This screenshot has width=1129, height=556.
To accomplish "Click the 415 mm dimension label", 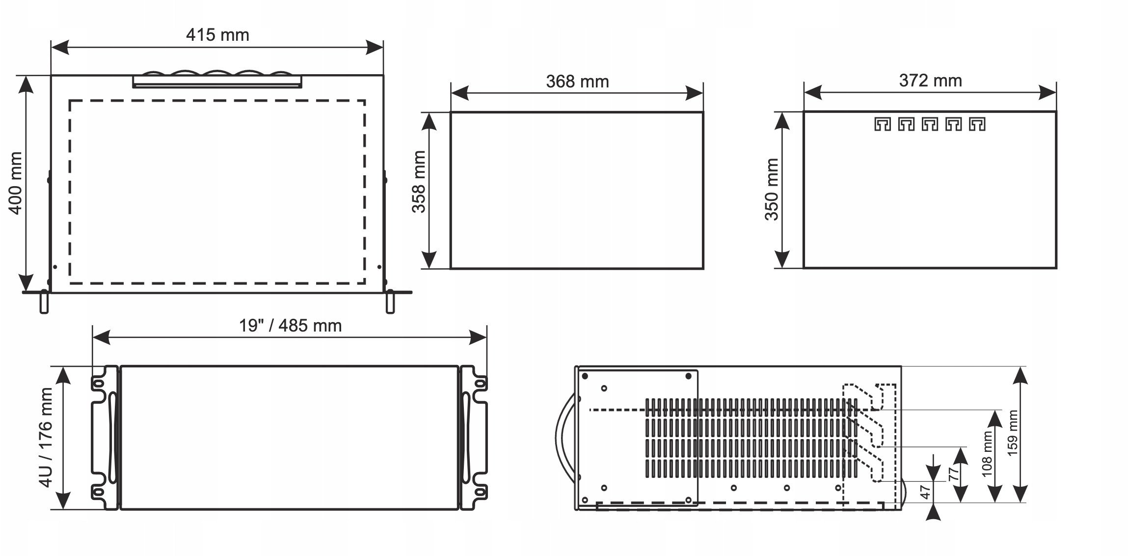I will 217,35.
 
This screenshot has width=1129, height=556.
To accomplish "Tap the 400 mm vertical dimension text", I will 16,183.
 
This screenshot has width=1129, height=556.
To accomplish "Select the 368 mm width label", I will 577,82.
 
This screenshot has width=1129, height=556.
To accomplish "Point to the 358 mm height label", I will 418,182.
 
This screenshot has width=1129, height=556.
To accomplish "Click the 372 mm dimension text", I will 930,81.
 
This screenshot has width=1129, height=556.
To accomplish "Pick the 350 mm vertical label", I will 772,190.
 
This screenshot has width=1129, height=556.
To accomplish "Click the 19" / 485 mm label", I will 290,326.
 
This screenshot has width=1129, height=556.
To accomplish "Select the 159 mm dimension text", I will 1013,433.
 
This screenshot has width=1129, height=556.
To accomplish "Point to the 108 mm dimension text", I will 987,453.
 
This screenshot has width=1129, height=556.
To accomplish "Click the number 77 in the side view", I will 953,474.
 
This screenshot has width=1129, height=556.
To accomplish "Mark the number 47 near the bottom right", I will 925,492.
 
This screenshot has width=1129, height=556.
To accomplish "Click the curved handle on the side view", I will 562,437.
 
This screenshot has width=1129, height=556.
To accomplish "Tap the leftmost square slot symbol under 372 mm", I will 882,124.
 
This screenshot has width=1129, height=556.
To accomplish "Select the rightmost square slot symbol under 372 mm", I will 977,124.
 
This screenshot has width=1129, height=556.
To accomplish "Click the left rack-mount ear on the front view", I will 104,437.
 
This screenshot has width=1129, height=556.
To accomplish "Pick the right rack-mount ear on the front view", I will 474,437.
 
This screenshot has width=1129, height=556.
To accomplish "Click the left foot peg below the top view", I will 44,303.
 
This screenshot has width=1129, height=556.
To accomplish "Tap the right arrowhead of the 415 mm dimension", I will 376,48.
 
